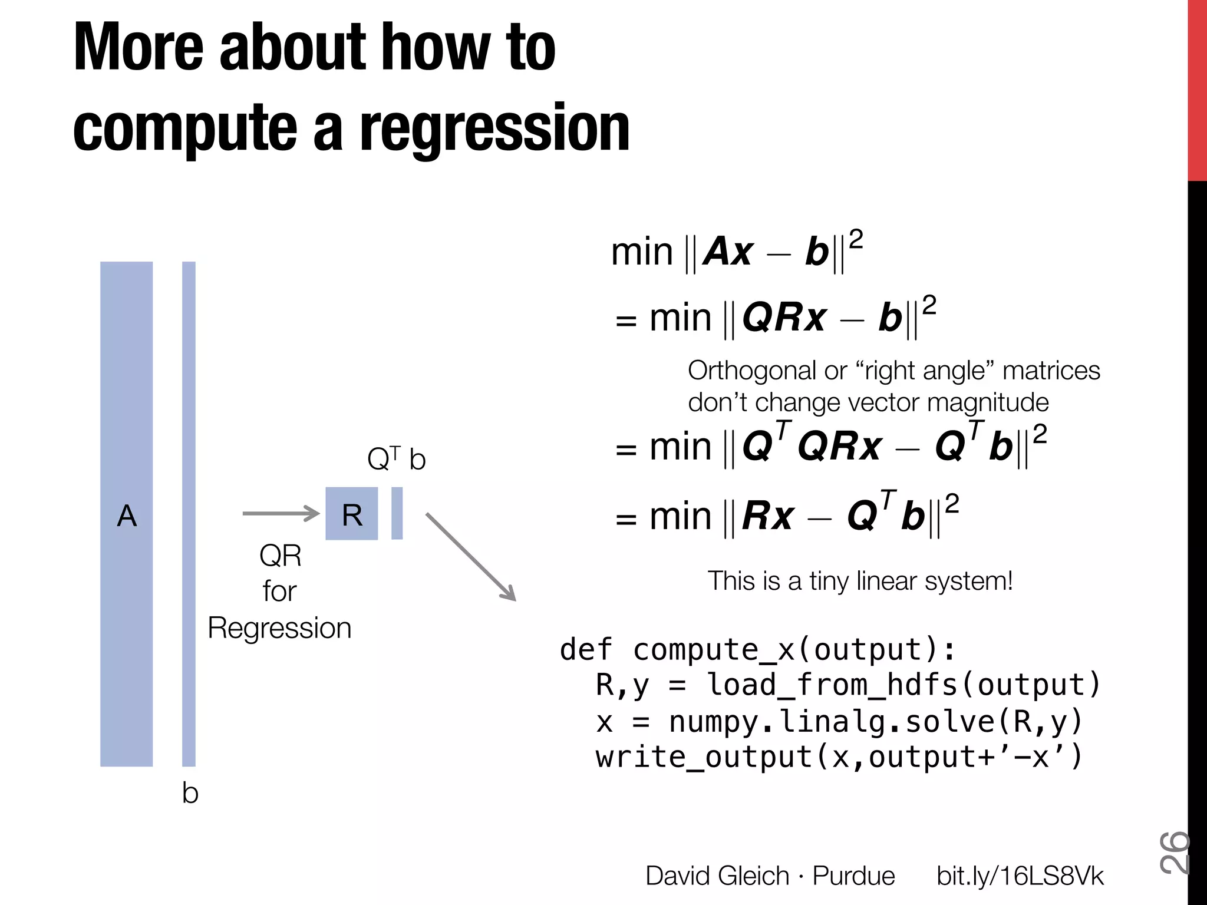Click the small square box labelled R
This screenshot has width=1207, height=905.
[351, 514]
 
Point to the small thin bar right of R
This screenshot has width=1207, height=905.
[397, 513]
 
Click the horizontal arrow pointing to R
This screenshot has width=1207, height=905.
[281, 513]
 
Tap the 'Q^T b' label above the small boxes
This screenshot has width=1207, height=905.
[396, 459]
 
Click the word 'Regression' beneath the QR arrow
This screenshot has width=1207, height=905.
[279, 628]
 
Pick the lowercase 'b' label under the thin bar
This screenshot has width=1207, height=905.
[190, 793]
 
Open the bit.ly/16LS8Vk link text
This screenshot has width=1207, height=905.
[1020, 876]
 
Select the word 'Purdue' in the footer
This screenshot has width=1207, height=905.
[853, 876]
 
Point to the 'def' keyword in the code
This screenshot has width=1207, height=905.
[586, 649]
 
